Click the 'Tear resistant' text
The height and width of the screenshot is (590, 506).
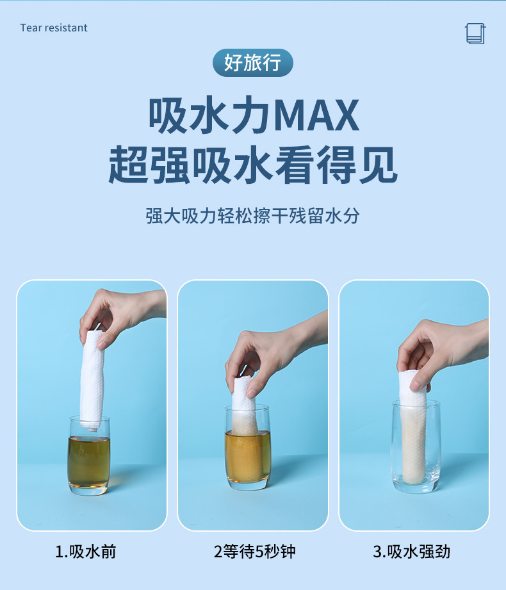tap(54, 28)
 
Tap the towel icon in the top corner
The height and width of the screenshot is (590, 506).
tap(475, 33)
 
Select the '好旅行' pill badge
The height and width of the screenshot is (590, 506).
tap(253, 63)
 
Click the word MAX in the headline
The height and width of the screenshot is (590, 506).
tap(316, 115)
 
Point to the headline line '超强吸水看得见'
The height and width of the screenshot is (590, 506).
tap(253, 165)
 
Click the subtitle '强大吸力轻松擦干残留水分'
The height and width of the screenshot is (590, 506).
tap(253, 216)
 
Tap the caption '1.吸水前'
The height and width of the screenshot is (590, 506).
tap(86, 552)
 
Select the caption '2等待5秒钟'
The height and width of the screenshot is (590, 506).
tap(255, 552)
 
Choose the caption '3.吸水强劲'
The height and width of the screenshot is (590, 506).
tap(412, 552)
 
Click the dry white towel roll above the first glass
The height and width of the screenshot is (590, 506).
tap(92, 380)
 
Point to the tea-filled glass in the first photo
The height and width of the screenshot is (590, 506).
tap(89, 455)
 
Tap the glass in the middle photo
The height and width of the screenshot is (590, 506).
tap(248, 448)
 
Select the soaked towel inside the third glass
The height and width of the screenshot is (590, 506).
tap(413, 444)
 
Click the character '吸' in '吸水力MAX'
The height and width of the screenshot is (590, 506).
tap(168, 115)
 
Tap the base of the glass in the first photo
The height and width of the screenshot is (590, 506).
tap(89, 489)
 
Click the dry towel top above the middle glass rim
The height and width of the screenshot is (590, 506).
tap(243, 393)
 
